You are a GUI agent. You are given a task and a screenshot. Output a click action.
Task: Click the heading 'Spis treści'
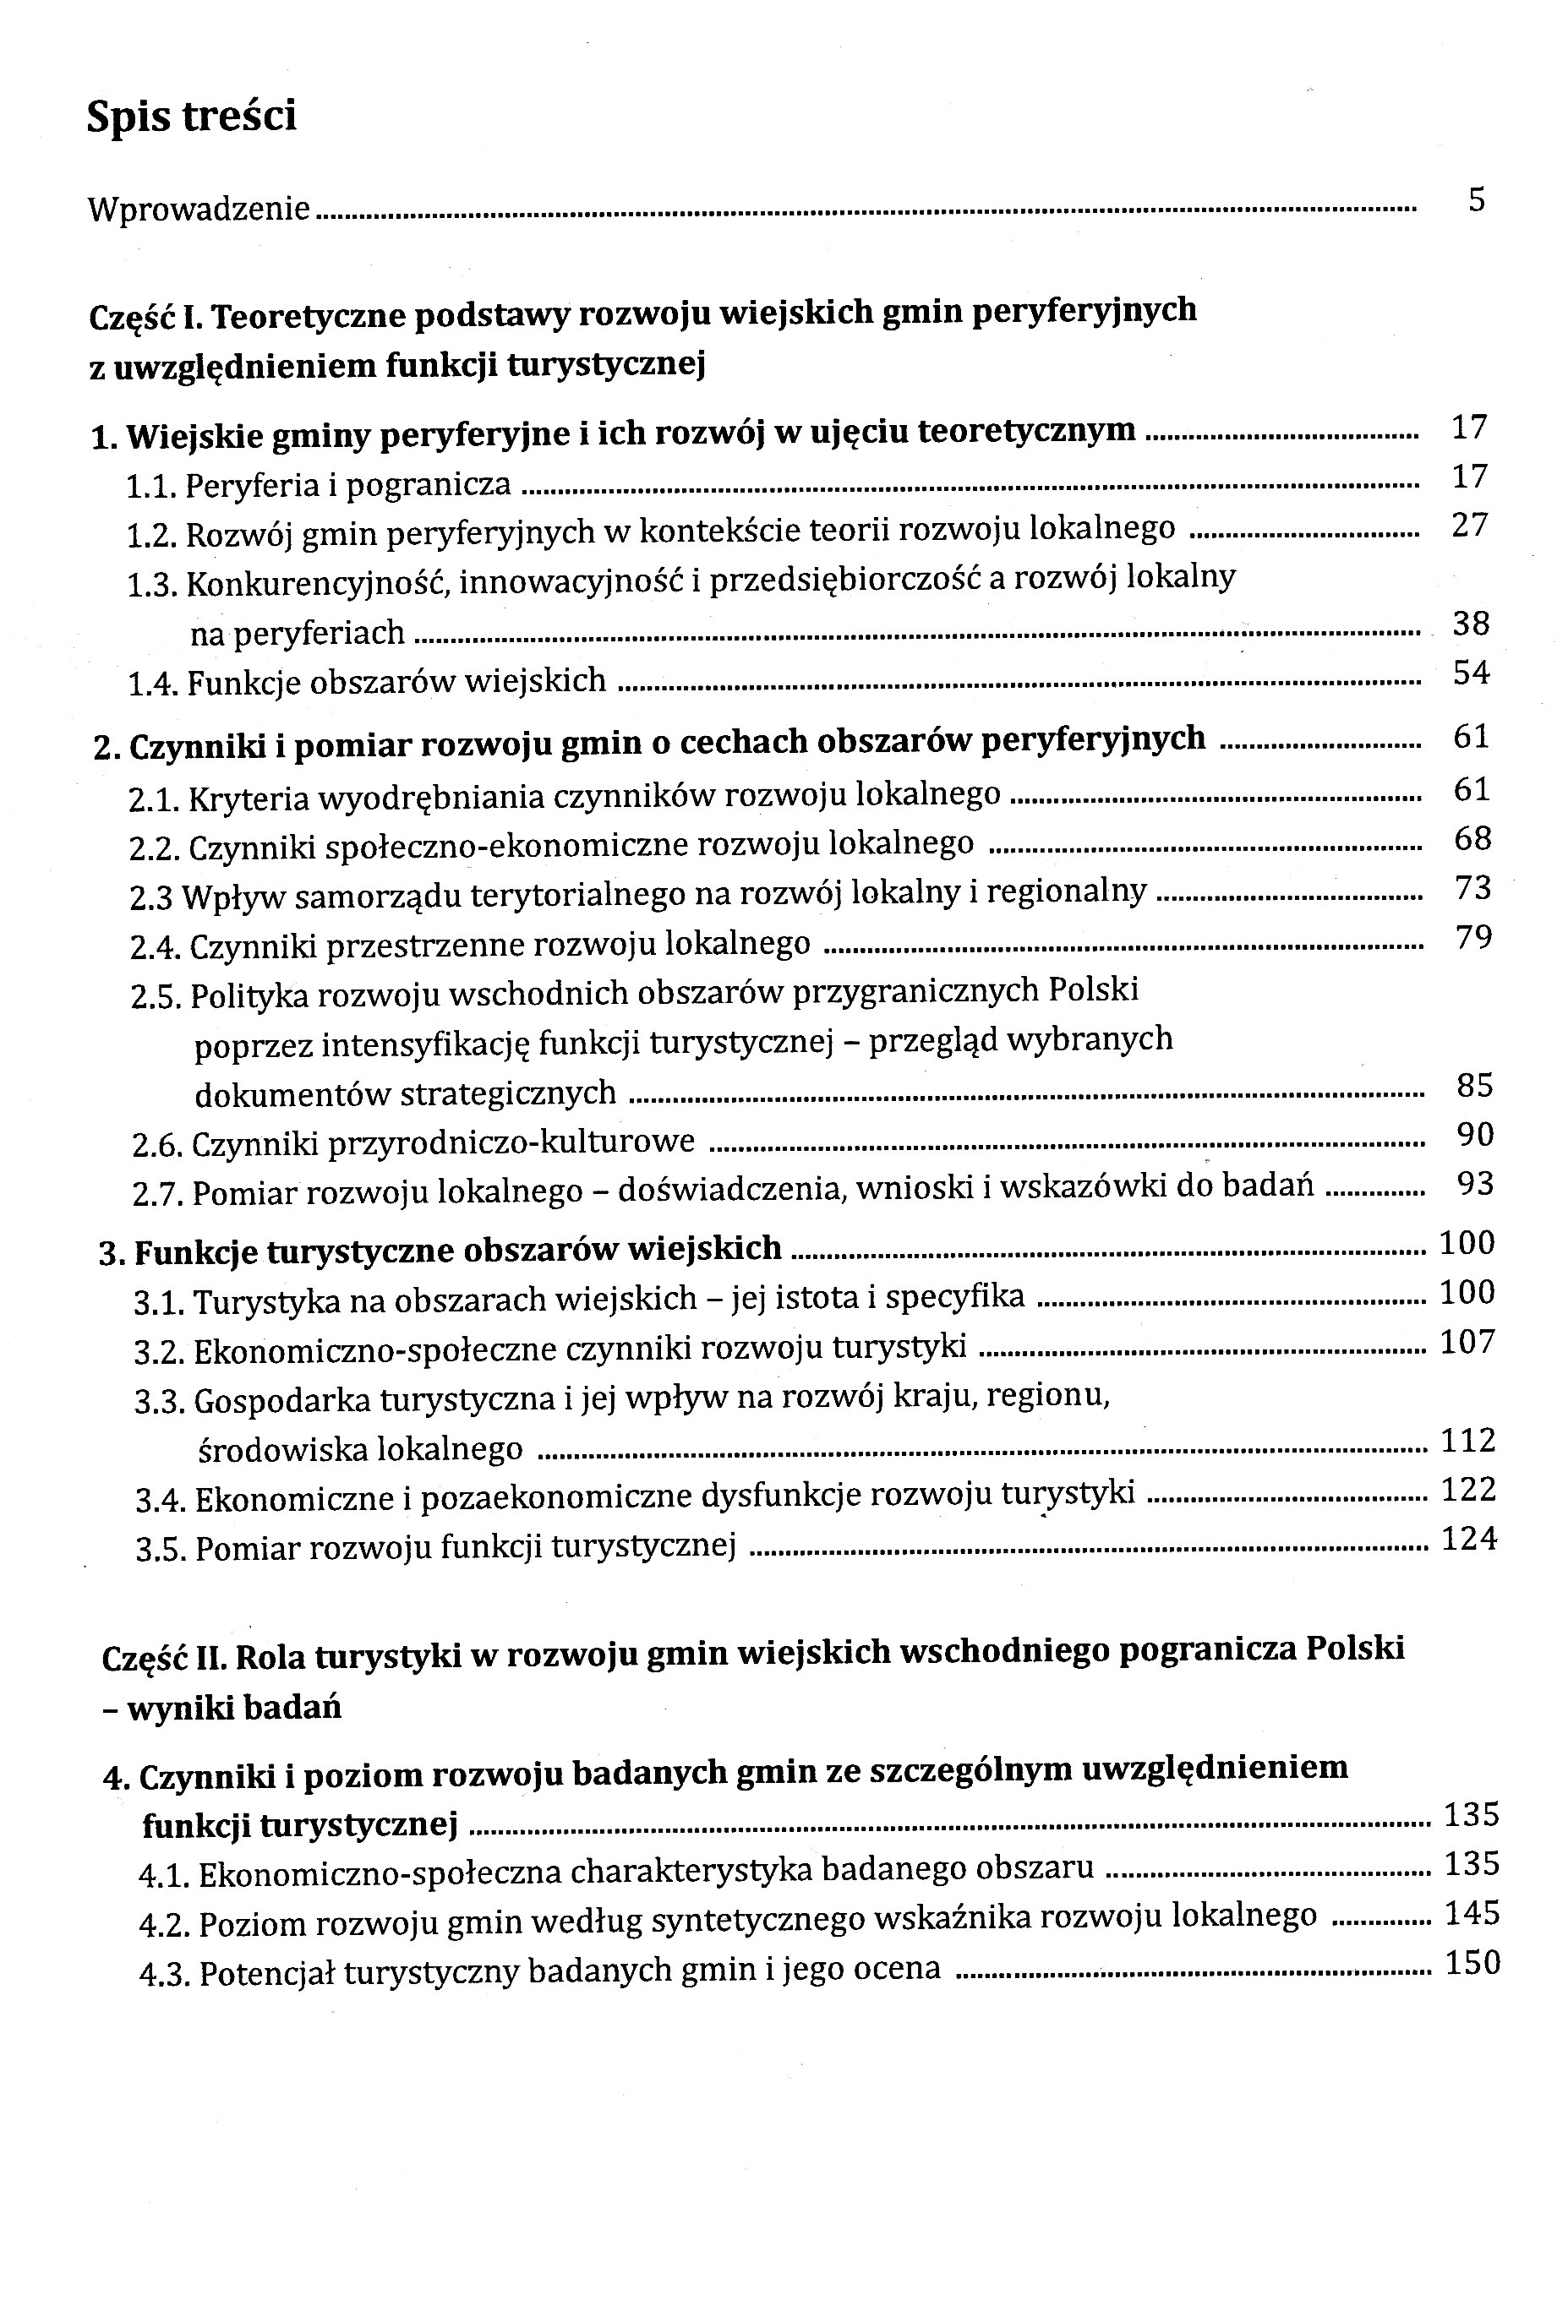coord(192,117)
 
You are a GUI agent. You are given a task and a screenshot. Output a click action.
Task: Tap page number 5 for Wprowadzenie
coord(1477,200)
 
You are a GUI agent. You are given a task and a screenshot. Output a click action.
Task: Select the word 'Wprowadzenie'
coord(199,210)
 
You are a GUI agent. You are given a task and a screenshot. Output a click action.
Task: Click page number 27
coord(1470,525)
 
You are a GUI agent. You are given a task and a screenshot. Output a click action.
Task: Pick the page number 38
coord(1471,624)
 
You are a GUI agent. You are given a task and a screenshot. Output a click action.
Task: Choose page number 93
coord(1475,1184)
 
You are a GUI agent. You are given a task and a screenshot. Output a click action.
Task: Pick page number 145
coord(1472,1914)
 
